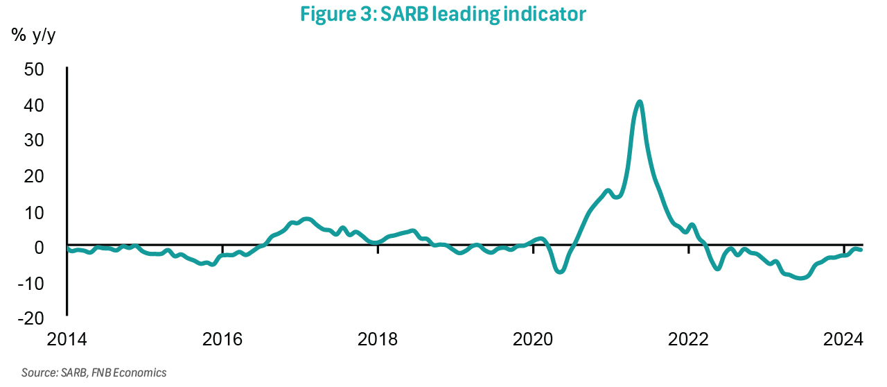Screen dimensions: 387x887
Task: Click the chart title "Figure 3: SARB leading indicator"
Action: (443, 15)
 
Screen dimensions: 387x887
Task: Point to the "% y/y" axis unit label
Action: (33, 36)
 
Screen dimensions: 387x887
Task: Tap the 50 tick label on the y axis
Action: (34, 69)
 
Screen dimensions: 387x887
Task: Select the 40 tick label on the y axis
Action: (34, 105)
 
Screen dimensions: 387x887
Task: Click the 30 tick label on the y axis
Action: (34, 141)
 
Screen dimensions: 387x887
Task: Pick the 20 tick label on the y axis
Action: (34, 177)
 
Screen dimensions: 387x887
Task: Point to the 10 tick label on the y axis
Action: (34, 212)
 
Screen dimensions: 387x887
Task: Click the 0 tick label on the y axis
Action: (39, 248)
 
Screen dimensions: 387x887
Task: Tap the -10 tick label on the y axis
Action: (31, 283)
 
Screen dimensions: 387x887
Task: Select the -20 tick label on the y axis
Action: (31, 318)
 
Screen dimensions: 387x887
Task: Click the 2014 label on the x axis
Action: (67, 340)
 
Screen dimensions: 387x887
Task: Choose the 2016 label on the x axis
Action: (222, 340)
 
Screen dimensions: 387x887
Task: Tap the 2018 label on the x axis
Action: (378, 340)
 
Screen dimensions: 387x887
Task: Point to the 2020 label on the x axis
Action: (534, 340)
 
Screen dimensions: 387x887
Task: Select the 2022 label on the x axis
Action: (689, 340)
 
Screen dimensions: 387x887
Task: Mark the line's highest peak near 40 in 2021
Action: (640, 103)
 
